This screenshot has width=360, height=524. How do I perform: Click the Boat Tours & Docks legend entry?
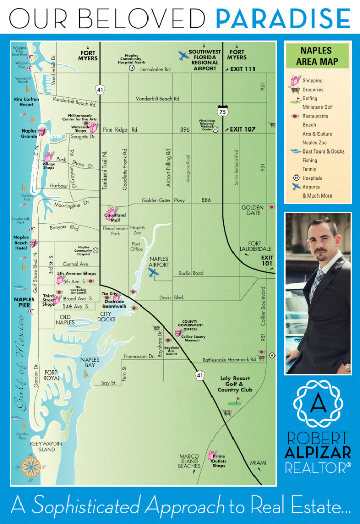click(323, 151)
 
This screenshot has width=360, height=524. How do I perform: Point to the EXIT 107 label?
click(242, 129)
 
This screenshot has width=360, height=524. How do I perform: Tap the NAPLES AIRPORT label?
click(159, 262)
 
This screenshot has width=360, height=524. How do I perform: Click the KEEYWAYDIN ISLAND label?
click(43, 446)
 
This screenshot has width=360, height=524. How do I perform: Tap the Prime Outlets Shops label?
click(219, 461)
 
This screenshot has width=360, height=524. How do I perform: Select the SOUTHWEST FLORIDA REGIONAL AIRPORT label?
click(205, 60)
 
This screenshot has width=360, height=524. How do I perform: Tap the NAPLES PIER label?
click(24, 302)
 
